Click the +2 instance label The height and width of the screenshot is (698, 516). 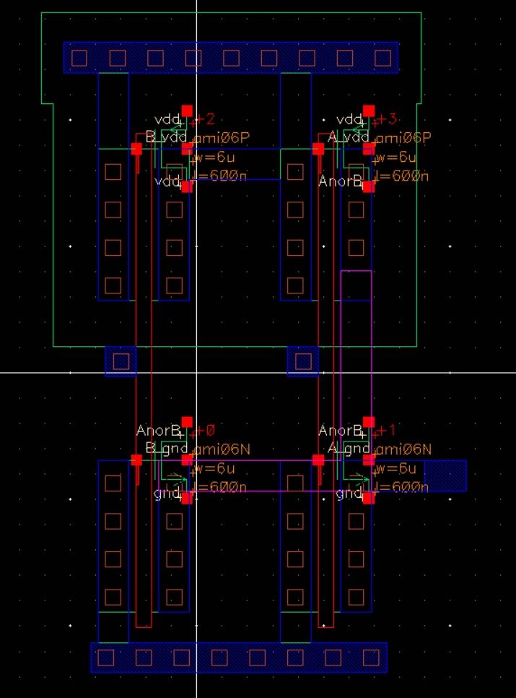tap(205, 120)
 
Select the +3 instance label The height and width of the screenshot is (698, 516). tap(387, 120)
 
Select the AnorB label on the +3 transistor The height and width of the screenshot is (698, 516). tap(340, 182)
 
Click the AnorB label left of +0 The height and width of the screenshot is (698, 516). tap(157, 431)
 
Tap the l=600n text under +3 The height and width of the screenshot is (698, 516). tap(402, 176)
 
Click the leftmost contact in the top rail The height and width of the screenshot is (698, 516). tap(79, 58)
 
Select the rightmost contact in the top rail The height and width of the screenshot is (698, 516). tap(382, 58)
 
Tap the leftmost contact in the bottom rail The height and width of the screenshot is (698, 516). tap(106, 658)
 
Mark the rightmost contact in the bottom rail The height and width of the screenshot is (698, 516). tap(371, 658)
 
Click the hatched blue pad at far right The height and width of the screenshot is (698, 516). tap(445, 475)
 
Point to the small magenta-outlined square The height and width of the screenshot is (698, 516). tap(356, 285)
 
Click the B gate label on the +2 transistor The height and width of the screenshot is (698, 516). tap(150, 136)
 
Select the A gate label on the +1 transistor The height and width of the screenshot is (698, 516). tap(332, 449)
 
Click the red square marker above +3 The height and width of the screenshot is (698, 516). tap(369, 111)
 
